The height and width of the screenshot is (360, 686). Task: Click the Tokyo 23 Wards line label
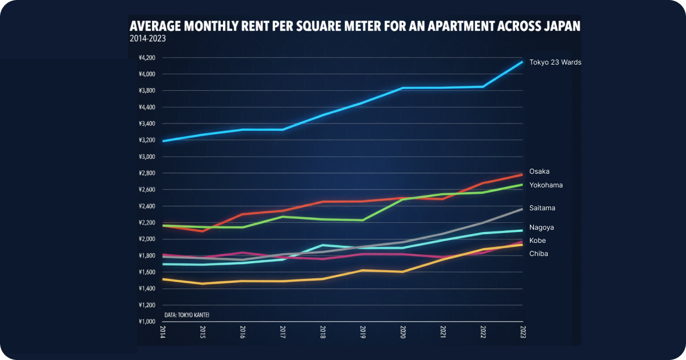[x=555, y=62]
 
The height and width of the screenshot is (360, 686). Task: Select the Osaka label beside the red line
[x=539, y=171]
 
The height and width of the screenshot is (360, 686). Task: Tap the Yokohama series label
[x=546, y=185]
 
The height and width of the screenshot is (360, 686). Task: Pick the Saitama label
[x=543, y=208]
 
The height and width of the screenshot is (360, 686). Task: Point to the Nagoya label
[x=541, y=227]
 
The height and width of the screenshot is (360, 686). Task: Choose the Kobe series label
[x=537, y=241]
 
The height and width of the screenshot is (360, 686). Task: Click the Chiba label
[x=539, y=254]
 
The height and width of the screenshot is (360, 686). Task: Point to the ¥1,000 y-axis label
[x=147, y=322]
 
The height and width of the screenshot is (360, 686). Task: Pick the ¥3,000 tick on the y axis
[x=147, y=157]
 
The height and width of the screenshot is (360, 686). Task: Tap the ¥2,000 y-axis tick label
[x=147, y=239]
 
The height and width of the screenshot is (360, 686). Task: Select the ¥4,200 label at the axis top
[x=147, y=58]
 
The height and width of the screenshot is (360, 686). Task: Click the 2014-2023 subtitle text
[x=147, y=39]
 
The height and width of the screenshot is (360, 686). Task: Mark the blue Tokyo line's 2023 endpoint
[x=522, y=62]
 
